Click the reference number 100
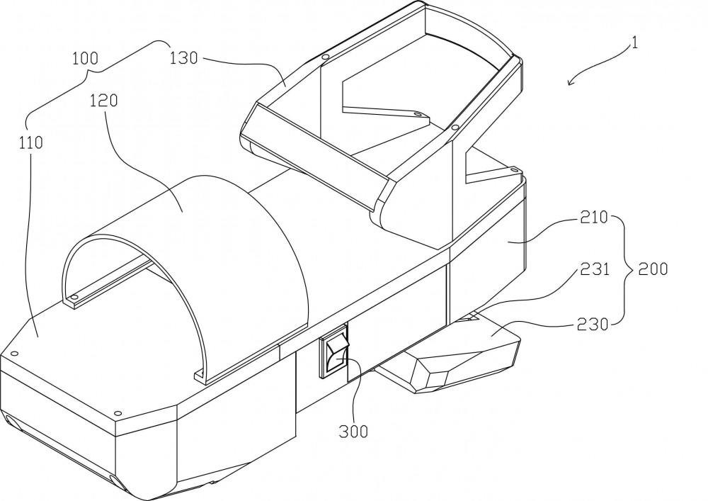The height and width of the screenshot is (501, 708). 86,58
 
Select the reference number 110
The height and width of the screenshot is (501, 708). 31,142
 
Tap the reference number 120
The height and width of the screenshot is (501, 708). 104,101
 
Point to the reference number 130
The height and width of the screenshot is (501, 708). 184,58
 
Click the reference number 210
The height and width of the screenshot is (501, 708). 594,218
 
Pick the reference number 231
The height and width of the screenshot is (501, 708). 595,269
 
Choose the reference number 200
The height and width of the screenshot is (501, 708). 653,269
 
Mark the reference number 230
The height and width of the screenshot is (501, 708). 593,324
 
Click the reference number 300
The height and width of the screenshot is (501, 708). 353,432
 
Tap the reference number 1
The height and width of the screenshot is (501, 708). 635,43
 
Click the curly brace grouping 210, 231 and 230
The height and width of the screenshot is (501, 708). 625,269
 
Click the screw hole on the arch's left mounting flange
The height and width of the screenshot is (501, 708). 74,297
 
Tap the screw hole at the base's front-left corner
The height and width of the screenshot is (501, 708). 13,354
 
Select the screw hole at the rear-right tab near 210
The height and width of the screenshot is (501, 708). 513,169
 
